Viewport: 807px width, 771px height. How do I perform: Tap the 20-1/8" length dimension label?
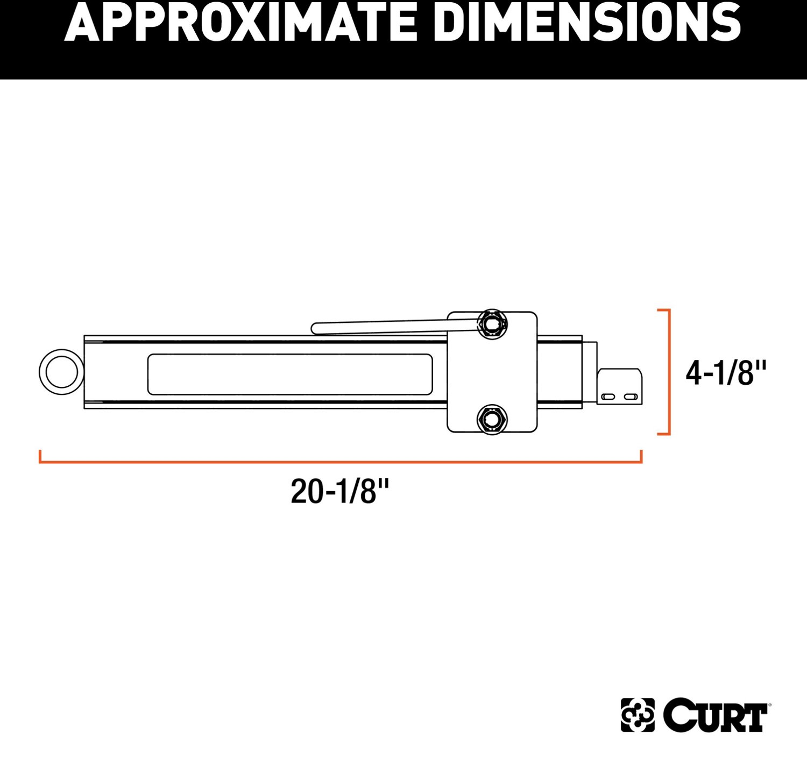pos(340,491)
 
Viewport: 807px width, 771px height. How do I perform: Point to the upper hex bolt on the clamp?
pos(492,323)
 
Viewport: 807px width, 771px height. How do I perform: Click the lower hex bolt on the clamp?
pos(492,419)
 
